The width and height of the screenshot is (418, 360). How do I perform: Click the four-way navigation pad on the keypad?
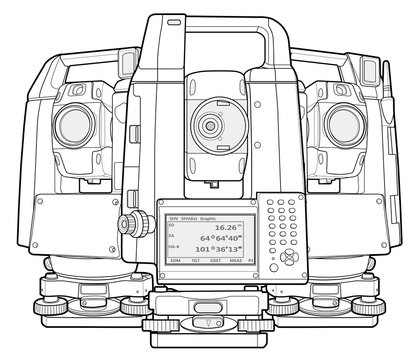(290, 256)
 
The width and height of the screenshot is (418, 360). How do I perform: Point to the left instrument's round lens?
(76, 124)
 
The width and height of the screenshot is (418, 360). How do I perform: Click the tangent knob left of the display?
(127, 223)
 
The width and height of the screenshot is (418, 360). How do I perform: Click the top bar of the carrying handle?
(208, 25)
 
